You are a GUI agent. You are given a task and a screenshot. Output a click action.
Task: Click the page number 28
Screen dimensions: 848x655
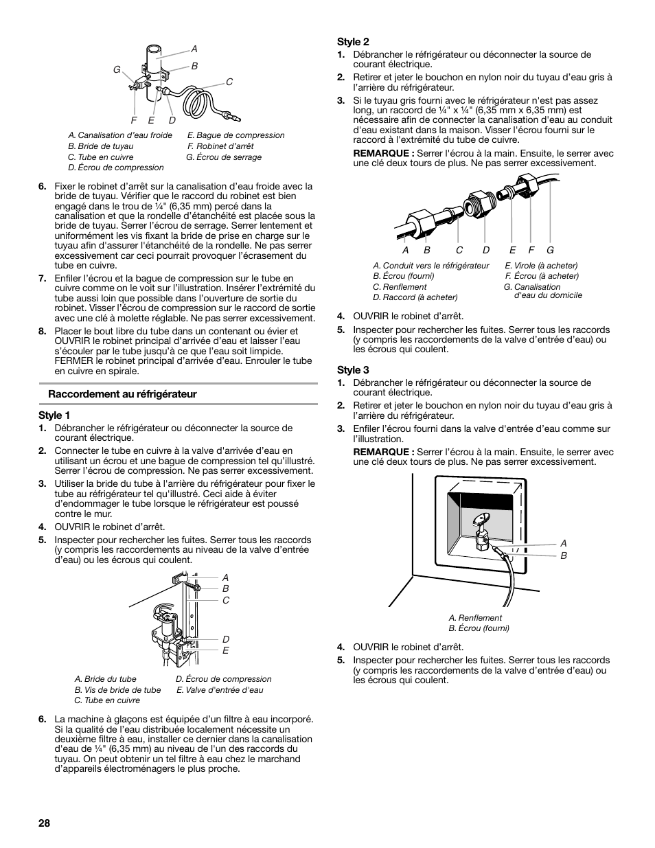[46, 823]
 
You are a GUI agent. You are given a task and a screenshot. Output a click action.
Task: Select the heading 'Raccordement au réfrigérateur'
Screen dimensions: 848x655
[122, 394]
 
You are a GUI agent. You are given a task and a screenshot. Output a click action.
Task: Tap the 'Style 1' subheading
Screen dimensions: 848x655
[54, 415]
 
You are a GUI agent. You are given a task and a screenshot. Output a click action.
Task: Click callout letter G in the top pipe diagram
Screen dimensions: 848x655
[117, 70]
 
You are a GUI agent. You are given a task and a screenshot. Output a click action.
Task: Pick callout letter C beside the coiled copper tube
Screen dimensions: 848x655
[229, 82]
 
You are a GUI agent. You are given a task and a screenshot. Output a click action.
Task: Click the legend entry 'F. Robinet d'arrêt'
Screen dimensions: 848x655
[220, 146]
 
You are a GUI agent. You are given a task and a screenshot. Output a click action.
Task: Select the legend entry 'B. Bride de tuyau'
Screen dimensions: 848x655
[101, 146]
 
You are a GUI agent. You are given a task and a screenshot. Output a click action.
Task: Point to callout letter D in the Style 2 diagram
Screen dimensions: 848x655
[486, 251]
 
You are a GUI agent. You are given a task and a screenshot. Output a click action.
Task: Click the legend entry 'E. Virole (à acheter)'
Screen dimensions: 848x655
[541, 266]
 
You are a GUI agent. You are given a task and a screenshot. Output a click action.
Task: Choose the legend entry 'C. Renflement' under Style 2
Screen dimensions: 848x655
[400, 287]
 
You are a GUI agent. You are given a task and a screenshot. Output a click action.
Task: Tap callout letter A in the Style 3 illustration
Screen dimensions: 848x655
[564, 543]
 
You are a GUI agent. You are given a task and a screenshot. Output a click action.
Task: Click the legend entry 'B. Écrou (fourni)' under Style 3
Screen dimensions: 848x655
[479, 628]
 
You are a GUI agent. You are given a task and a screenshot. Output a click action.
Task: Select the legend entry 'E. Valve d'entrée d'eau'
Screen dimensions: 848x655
[220, 690]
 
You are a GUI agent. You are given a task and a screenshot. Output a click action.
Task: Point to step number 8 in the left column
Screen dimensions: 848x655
[42, 331]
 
